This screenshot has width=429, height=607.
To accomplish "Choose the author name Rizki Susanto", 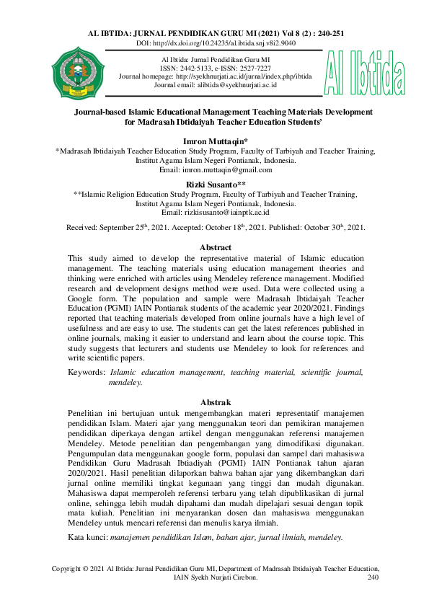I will (x=214, y=185).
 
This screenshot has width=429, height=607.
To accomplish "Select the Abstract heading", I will (x=214, y=247).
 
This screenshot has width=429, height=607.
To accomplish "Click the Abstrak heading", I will (x=214, y=402).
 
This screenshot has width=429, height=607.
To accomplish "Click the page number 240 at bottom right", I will (x=372, y=577).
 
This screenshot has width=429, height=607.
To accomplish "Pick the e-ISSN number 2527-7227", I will (x=244, y=67).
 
